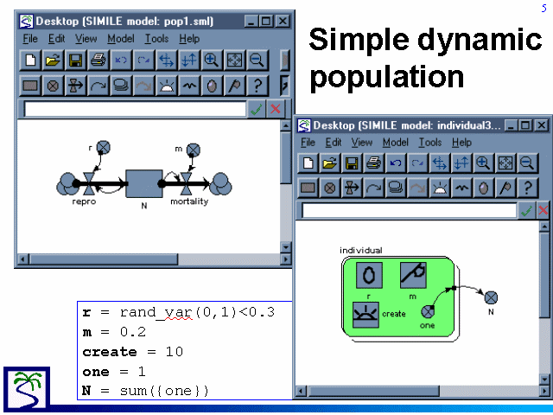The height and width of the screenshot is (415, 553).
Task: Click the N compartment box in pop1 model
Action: coord(144,183)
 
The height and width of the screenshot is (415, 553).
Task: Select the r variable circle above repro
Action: coord(104,147)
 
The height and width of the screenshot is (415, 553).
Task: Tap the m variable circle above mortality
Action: coord(193,150)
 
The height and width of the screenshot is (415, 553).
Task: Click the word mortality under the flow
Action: coord(189,201)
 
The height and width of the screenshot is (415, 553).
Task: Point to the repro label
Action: coord(84,201)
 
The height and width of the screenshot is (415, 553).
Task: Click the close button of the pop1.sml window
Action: coord(283,21)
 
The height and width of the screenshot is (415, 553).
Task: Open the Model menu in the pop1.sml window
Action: coord(121,38)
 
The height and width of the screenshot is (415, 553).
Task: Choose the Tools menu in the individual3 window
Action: coord(430,142)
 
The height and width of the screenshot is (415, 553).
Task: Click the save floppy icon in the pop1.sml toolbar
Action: coord(75,61)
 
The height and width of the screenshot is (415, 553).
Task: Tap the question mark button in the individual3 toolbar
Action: coord(528,188)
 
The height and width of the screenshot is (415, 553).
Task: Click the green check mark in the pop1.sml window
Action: coord(257,109)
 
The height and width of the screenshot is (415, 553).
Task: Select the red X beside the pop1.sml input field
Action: coord(276,109)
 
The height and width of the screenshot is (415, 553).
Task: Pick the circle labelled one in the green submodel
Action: coord(428,311)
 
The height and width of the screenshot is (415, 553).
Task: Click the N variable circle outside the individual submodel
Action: coord(491,297)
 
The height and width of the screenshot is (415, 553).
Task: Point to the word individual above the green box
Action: coord(361,250)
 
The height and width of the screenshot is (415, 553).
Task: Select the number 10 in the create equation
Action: coord(175,352)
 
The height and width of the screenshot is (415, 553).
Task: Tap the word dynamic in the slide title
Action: coord(480,40)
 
